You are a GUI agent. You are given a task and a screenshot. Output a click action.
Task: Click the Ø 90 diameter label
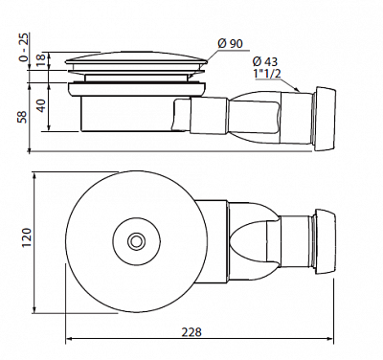[230, 44]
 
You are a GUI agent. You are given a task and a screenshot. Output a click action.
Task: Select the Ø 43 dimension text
[264, 61]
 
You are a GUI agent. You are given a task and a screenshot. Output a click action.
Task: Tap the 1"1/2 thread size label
[266, 74]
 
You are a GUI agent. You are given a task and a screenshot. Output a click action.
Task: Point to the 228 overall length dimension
[191, 332]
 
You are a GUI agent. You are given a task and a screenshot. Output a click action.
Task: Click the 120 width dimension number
[27, 238]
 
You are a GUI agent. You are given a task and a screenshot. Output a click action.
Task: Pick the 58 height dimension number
[23, 116]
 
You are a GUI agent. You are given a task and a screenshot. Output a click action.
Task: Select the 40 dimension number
[41, 105]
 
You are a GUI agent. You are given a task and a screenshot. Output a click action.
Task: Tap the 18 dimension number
[41, 60]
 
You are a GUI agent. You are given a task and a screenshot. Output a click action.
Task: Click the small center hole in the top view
[137, 241]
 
